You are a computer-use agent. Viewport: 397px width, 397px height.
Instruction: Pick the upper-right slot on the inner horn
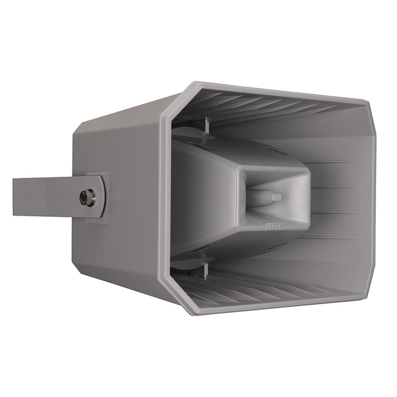tap(274, 149)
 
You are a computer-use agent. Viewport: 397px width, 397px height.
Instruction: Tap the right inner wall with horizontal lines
tap(337, 198)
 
